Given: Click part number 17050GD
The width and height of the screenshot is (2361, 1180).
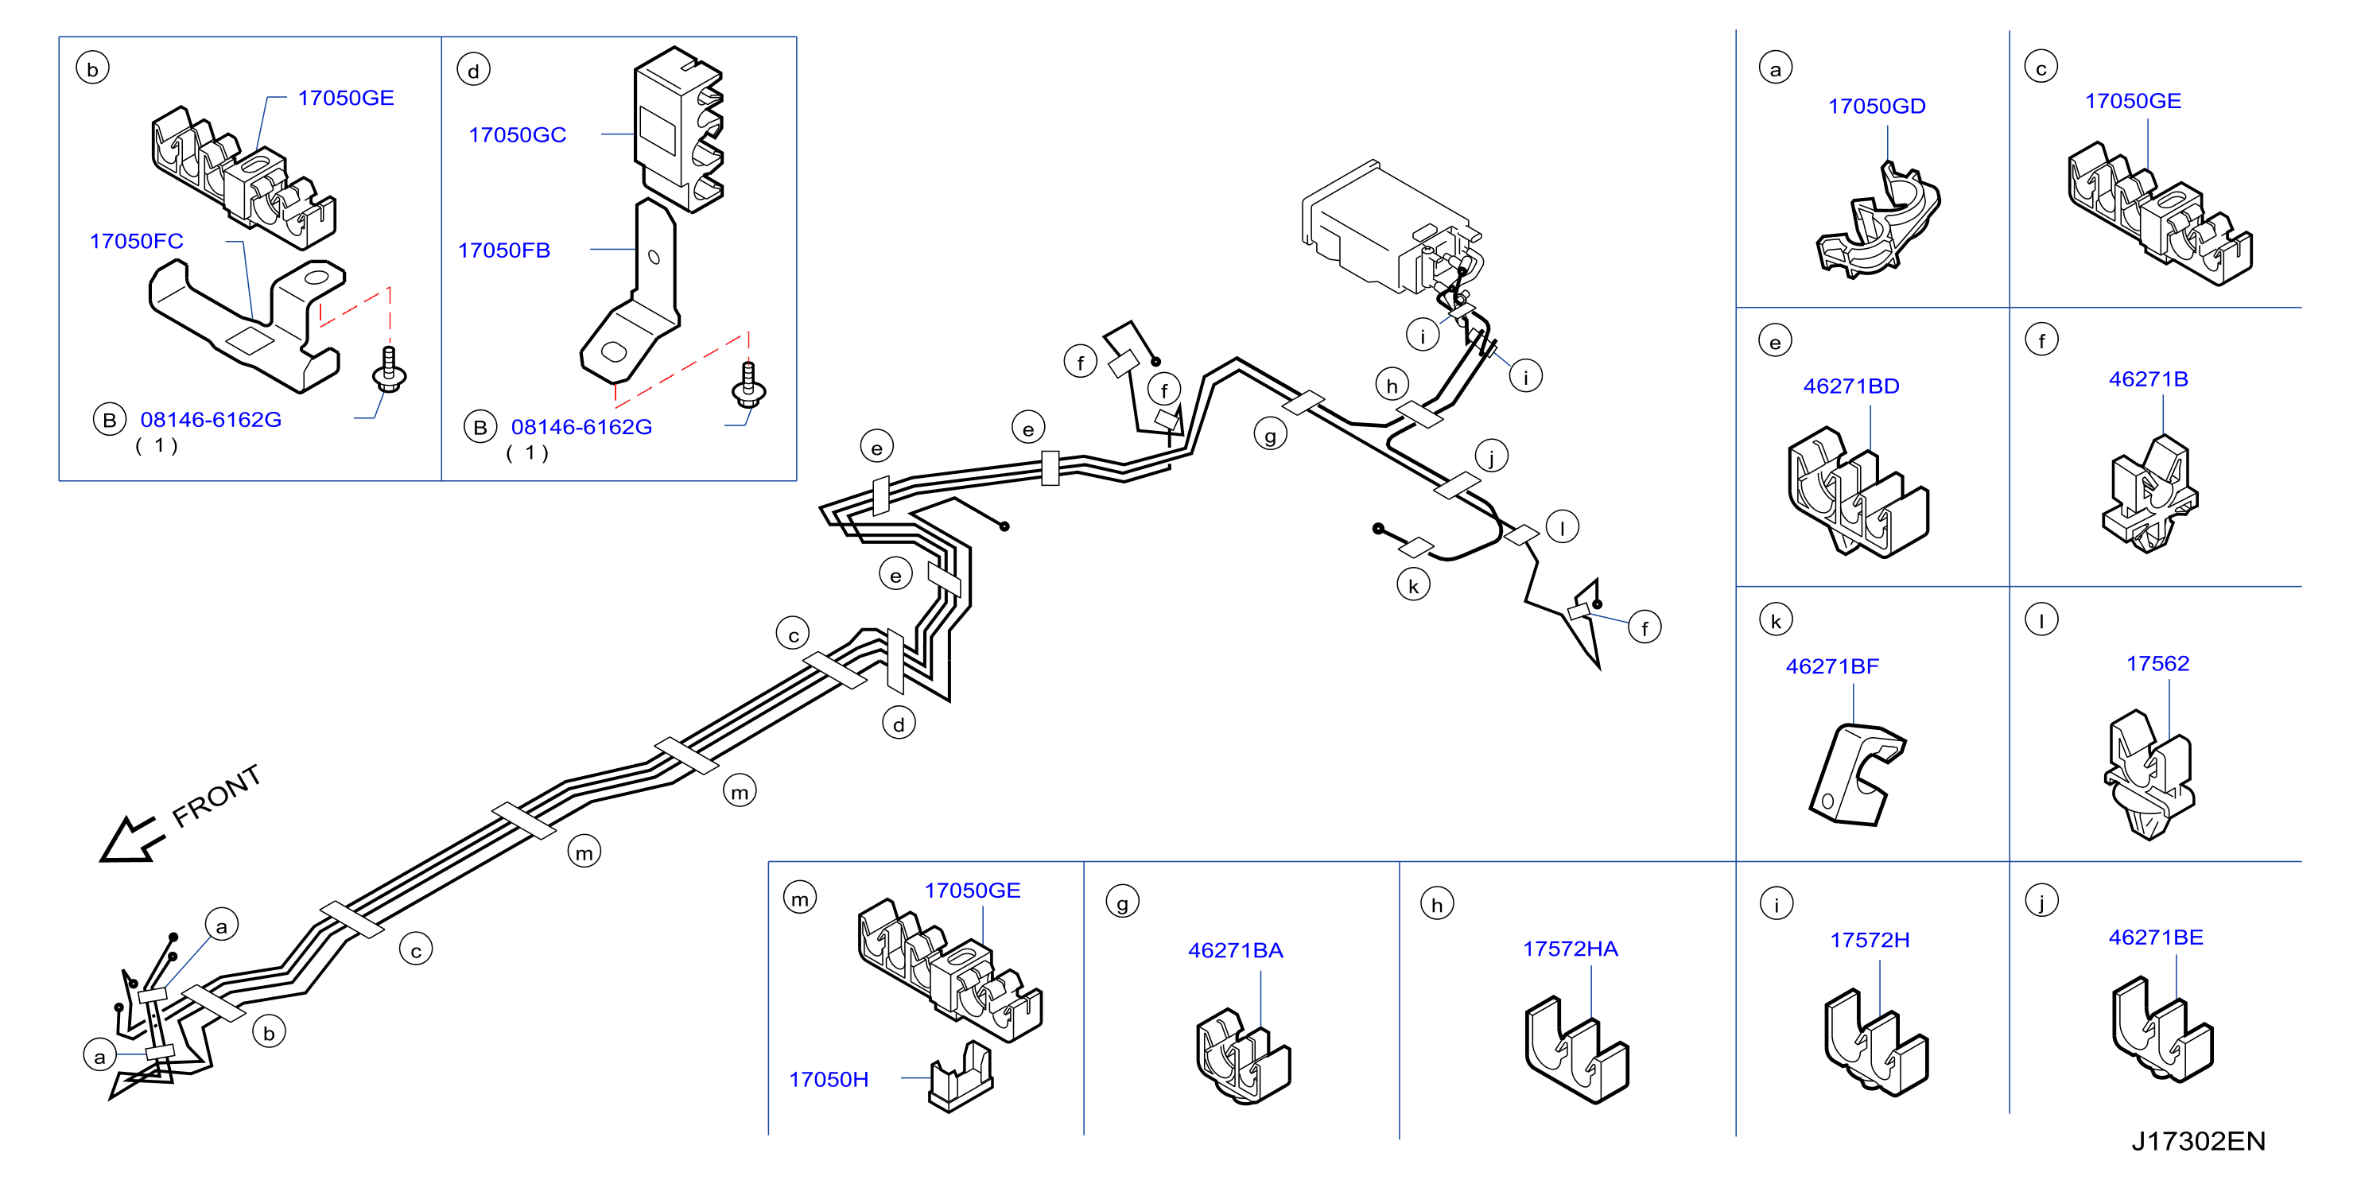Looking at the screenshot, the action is [x=1876, y=107].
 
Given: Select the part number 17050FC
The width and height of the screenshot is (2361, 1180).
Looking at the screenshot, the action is [x=137, y=241].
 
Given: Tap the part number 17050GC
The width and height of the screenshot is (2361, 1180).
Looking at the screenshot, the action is [x=517, y=134].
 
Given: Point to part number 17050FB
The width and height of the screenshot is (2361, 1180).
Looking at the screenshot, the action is [x=504, y=250].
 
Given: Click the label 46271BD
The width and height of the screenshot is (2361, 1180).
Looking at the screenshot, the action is [x=1851, y=386].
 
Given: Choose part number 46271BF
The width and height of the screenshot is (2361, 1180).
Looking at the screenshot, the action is [x=1832, y=666].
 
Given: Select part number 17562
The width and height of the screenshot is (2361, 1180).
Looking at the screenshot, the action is [x=2157, y=663].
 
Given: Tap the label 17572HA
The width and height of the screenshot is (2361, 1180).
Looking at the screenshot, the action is [x=1570, y=948].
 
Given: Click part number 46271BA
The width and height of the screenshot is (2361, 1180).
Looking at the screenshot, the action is [x=1236, y=950].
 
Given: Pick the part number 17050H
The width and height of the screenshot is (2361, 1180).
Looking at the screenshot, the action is [x=829, y=1079].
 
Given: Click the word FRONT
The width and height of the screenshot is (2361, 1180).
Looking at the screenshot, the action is [x=216, y=795].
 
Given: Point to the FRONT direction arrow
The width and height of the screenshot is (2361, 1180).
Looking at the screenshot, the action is [x=132, y=839].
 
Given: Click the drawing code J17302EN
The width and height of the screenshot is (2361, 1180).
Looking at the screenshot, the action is [x=2198, y=1140].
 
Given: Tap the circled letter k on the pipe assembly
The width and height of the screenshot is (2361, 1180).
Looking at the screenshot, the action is [x=1413, y=585].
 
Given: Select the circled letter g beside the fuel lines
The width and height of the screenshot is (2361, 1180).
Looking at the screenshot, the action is [x=1270, y=434].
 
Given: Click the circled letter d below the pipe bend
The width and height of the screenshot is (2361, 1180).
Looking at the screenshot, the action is [x=899, y=724].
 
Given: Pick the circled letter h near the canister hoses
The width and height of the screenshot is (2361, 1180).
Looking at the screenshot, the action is [x=1392, y=385].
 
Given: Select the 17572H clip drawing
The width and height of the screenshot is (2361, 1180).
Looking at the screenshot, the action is [x=1876, y=1042].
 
